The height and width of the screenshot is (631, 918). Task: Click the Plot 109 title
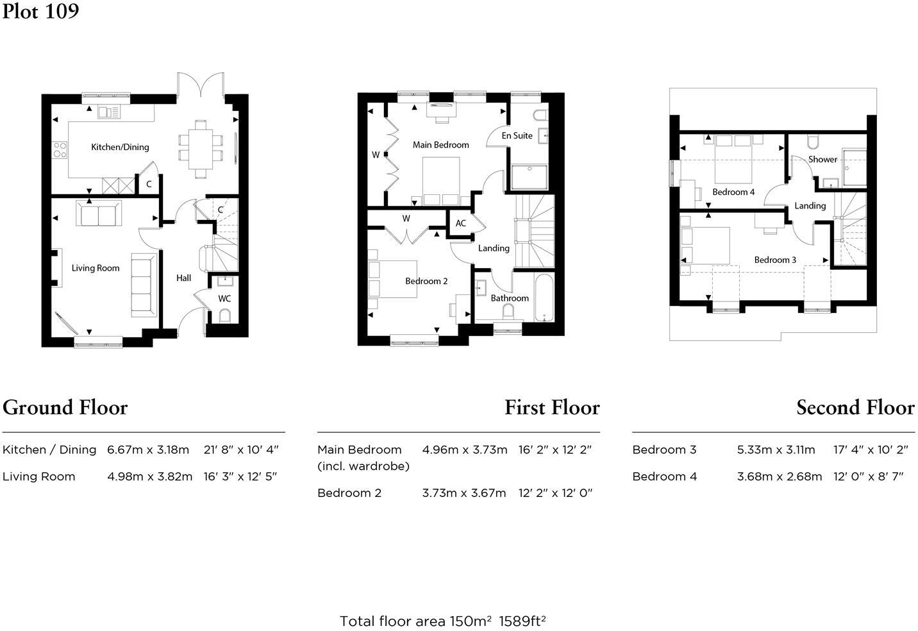click(40, 12)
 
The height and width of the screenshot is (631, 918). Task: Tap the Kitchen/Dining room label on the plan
click(120, 147)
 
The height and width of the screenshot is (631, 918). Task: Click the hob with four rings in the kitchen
click(60, 150)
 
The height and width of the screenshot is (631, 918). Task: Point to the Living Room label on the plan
click(96, 268)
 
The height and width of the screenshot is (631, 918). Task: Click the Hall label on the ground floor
click(183, 278)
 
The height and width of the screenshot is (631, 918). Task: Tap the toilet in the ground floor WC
click(224, 315)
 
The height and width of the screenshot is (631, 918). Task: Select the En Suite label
click(517, 135)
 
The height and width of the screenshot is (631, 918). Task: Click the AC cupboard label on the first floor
click(460, 224)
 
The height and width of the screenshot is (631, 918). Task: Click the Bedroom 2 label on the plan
click(426, 281)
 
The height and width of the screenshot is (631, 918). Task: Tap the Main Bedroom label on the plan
click(440, 145)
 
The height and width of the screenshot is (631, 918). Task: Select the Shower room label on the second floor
click(822, 159)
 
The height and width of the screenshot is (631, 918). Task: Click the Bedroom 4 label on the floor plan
click(733, 192)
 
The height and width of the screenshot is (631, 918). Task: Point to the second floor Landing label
click(810, 206)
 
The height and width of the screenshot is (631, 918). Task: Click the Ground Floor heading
click(65, 408)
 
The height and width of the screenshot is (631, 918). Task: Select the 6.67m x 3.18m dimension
click(148, 450)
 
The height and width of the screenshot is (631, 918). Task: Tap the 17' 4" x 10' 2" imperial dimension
click(871, 450)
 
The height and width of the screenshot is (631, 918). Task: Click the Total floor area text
click(442, 621)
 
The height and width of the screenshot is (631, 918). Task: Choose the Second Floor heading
click(855, 408)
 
